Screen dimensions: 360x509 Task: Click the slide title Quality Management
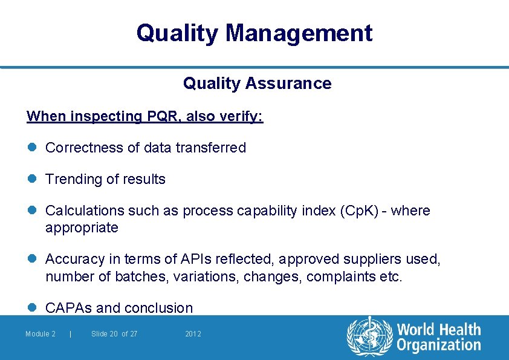click(x=254, y=33)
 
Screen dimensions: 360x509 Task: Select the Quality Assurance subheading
click(x=257, y=83)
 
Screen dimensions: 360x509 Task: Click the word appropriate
click(x=82, y=228)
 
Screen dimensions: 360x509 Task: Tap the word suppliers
click(x=369, y=260)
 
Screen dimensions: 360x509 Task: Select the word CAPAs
click(x=69, y=308)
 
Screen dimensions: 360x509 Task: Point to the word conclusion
click(x=158, y=308)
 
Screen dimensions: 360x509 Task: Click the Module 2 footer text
click(x=41, y=334)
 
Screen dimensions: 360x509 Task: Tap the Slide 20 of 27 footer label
click(x=114, y=334)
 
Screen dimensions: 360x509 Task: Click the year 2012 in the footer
click(x=193, y=334)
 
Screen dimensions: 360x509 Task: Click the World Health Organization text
click(x=438, y=338)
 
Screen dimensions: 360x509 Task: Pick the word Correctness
click(x=84, y=148)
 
